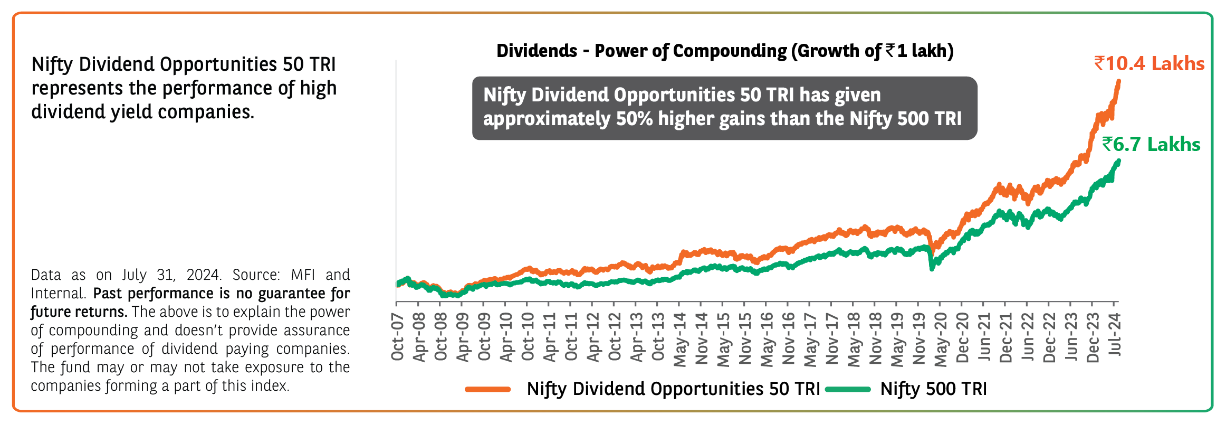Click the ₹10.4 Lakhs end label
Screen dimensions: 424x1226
[1149, 64]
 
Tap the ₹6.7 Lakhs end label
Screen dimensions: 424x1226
[1151, 145]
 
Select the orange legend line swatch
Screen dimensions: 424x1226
[488, 390]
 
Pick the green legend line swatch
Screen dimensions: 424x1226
[848, 390]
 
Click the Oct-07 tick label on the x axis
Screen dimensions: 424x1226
[398, 336]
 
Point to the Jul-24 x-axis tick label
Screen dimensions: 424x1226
[1115, 334]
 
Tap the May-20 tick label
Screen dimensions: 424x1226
[941, 338]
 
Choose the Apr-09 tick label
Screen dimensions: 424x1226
[463, 337]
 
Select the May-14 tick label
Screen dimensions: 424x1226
[680, 338]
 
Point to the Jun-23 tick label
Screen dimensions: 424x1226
[1071, 337]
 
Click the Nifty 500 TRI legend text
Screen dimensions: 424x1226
[933, 389]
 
